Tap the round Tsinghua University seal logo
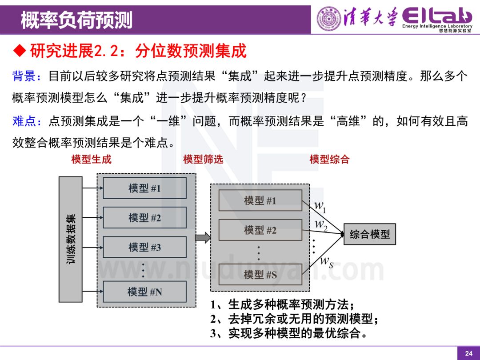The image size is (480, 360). click(329, 19)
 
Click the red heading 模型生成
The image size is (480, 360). click(91, 159)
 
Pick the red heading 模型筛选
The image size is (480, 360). click(203, 159)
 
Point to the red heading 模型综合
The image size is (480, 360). click(329, 159)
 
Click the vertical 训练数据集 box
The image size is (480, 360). click(71, 239)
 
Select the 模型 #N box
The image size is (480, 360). click(144, 292)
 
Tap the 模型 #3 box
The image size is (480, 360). click(144, 247)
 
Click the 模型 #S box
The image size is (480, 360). click(260, 275)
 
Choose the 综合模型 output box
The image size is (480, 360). click(369, 234)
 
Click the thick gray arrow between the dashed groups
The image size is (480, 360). click(203, 238)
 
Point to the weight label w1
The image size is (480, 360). click(320, 206)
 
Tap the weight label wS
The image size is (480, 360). click(327, 262)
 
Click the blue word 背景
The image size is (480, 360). click(24, 76)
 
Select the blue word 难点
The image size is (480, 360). click(24, 121)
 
